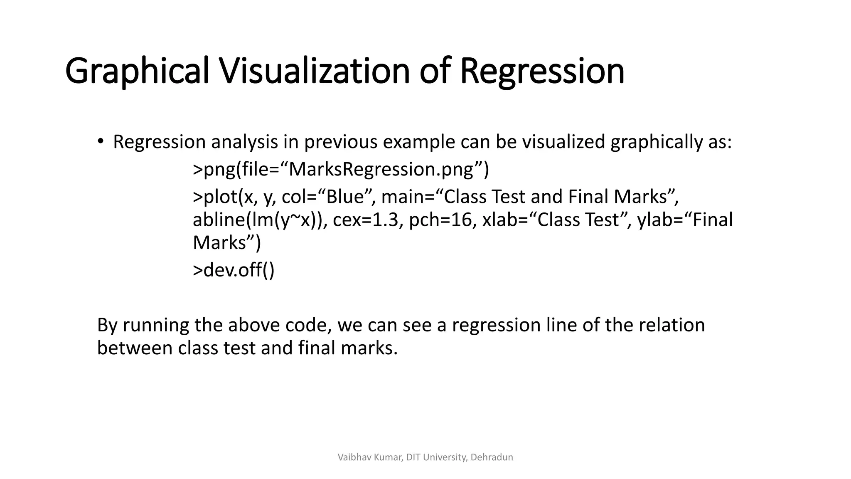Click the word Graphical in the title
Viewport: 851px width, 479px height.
click(137, 71)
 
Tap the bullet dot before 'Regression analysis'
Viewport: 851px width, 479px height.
click(100, 142)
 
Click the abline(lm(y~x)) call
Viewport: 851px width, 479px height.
click(260, 220)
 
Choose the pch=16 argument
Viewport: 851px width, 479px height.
click(442, 220)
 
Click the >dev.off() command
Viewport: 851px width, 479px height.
click(234, 270)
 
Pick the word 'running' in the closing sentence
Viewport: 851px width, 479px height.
click(155, 325)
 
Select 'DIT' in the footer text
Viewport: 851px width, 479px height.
click(413, 457)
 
